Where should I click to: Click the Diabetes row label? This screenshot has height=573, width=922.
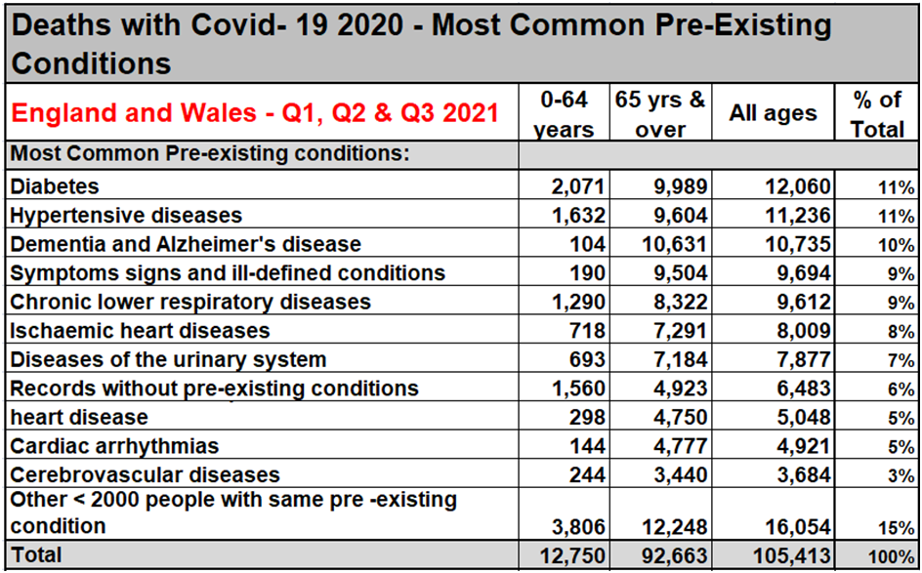click(55, 185)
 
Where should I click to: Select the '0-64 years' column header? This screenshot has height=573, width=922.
click(566, 114)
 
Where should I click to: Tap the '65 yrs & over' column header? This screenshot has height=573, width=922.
click(660, 114)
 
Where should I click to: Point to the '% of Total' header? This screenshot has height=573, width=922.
click(876, 114)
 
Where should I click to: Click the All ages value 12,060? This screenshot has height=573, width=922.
click(796, 186)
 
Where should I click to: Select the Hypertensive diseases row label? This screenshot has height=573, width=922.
click(126, 215)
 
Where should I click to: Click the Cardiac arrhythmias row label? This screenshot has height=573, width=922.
click(114, 446)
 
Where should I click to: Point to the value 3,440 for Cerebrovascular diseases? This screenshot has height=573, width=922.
click(679, 475)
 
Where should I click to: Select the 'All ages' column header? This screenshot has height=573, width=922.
click(772, 113)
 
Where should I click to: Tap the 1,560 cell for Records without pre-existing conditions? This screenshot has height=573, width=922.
click(579, 389)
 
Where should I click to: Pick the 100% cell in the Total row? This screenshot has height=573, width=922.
click(894, 556)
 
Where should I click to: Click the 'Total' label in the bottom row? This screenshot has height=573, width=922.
click(35, 555)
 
